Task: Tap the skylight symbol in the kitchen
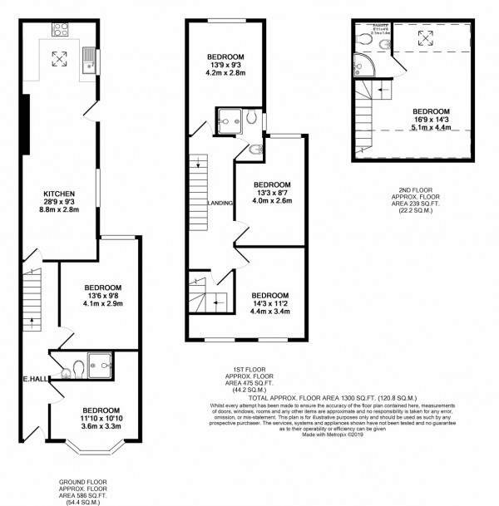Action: [x=60, y=58]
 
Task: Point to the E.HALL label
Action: [x=34, y=380]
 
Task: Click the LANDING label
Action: [x=220, y=202]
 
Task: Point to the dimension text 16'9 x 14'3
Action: [x=431, y=120]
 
